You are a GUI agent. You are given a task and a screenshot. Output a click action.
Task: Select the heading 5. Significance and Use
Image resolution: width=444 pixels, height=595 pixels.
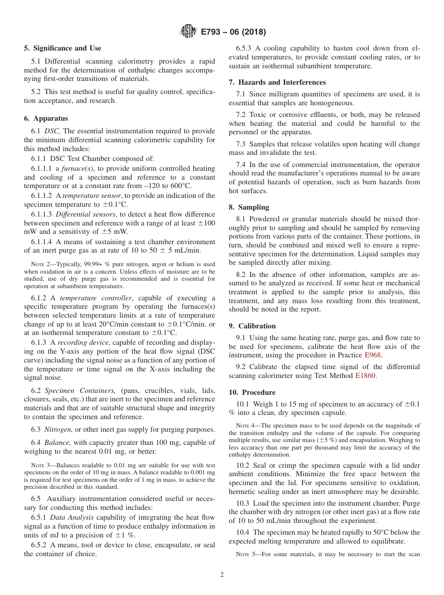click(x=63, y=48)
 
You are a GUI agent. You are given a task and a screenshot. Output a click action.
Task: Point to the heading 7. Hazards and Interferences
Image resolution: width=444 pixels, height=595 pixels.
click(x=277, y=82)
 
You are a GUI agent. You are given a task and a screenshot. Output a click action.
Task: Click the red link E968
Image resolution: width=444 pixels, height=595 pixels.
click(x=373, y=356)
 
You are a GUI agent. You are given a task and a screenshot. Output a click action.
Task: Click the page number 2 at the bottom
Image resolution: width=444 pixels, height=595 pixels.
click(x=222, y=575)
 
